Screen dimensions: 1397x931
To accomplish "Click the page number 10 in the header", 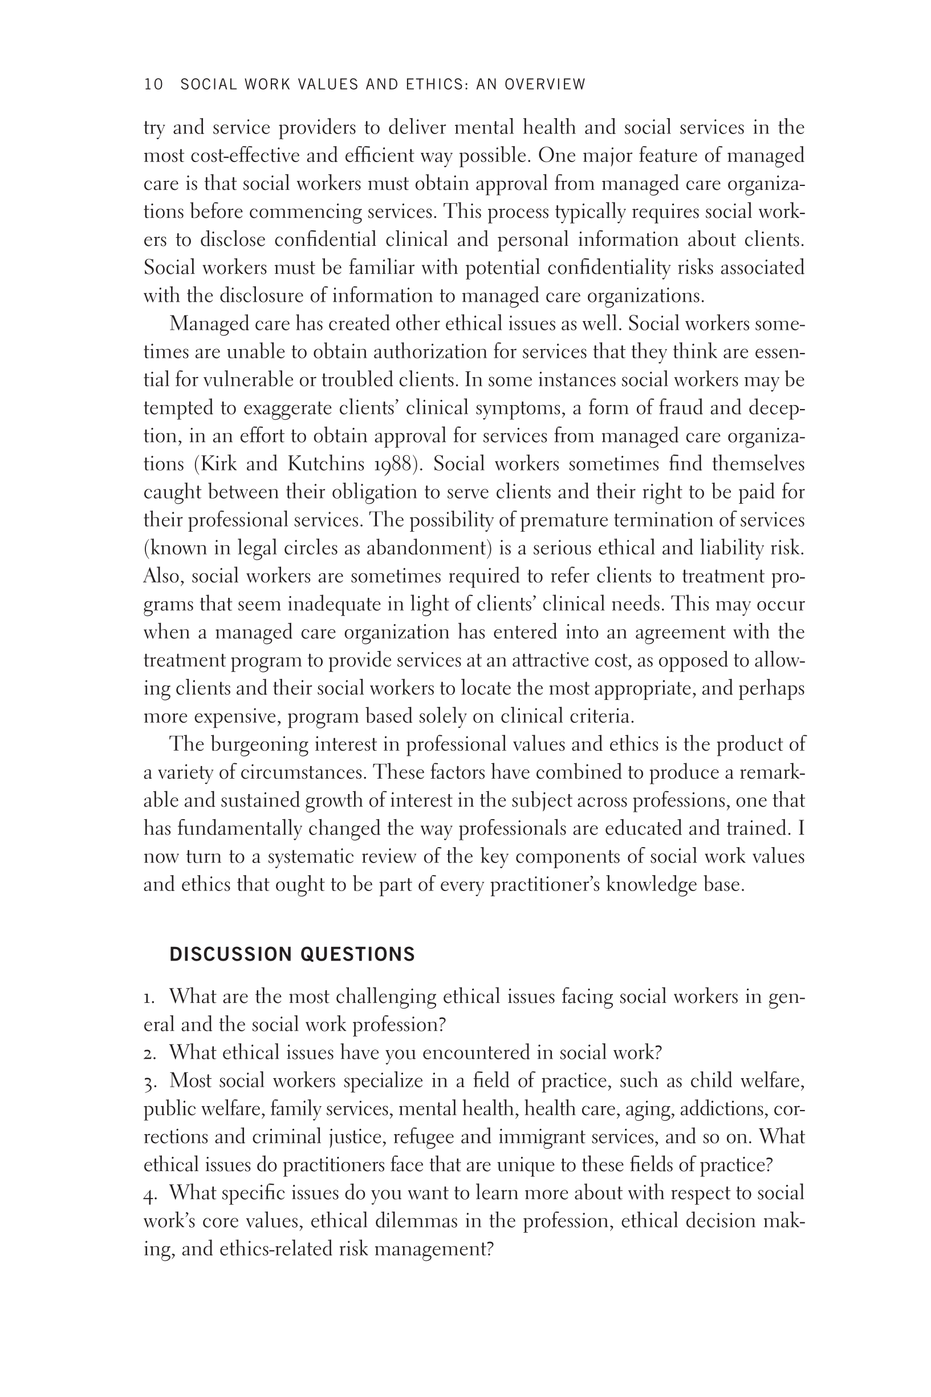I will tap(153, 84).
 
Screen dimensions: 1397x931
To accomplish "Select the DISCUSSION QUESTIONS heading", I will tap(292, 954).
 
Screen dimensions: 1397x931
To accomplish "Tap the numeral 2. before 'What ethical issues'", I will tap(149, 1053).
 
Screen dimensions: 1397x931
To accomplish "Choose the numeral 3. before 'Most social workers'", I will tap(149, 1081).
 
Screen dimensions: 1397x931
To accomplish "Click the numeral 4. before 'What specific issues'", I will tap(149, 1193).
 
